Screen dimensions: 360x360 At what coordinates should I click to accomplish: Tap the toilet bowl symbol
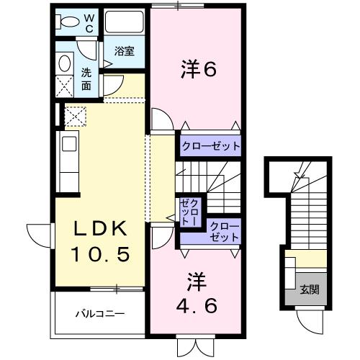point(67,22)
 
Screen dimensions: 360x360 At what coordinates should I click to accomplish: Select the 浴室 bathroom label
point(124,51)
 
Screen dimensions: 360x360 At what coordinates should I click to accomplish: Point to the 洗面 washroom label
point(86,78)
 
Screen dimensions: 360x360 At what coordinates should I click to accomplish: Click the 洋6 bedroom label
point(198,70)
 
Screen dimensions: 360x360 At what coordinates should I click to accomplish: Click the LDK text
point(102,230)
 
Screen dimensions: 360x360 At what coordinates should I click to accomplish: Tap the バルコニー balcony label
point(101,314)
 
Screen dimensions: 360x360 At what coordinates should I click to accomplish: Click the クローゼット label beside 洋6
point(210,146)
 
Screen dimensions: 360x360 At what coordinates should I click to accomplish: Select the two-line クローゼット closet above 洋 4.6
point(224,231)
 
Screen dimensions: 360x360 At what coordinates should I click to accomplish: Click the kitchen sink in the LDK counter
point(68,144)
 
